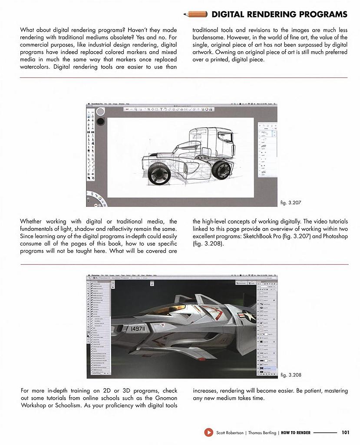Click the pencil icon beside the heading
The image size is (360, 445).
coord(196,14)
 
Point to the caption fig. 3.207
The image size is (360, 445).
coord(291,203)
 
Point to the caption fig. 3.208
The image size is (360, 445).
coord(291,375)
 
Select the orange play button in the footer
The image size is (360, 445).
coord(208,432)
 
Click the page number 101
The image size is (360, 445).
coord(346,432)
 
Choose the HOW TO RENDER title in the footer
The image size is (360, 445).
coord(296,433)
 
